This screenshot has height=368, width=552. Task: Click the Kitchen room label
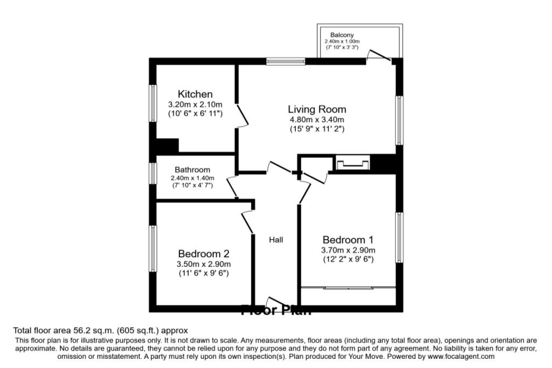coord(195,94)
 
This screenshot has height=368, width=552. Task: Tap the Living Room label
coord(316,109)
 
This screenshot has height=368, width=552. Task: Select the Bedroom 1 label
coord(348,240)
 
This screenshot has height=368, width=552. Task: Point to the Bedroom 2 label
coord(204,254)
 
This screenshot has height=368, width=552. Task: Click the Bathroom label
coord(192,170)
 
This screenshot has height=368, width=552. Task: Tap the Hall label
coord(276,240)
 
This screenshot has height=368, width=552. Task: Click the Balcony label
coord(342,35)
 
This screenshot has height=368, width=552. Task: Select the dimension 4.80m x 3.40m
coord(316,120)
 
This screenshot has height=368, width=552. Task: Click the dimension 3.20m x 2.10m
coord(195,105)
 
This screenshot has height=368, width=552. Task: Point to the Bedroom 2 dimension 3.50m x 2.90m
coord(204,264)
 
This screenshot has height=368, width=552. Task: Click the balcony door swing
coord(379,55)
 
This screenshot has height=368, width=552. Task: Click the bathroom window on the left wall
coord(153,174)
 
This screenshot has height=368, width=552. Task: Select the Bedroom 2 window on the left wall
coord(153,248)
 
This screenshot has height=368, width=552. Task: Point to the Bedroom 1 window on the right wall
coord(399,238)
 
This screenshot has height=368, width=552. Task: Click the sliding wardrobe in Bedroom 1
coord(348,289)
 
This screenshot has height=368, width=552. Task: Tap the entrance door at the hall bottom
coord(276,303)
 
